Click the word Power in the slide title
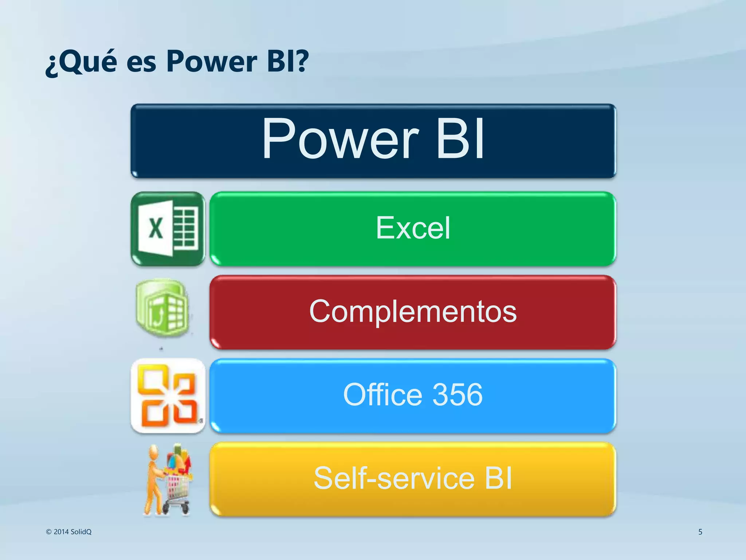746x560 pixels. coord(212,62)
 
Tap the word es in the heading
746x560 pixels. coord(141,63)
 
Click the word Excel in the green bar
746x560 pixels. coord(413,228)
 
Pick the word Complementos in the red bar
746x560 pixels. coord(413,312)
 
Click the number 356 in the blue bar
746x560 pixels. coord(458,395)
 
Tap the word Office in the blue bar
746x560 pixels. coord(382,395)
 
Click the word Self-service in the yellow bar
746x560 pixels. coord(394,478)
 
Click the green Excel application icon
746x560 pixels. coord(168,229)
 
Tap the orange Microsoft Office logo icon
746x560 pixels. coord(168,396)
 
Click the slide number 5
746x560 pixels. coord(700,532)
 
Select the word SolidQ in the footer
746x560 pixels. coord(81,532)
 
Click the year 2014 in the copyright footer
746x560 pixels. coord(61,532)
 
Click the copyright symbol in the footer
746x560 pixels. coord(49,532)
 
